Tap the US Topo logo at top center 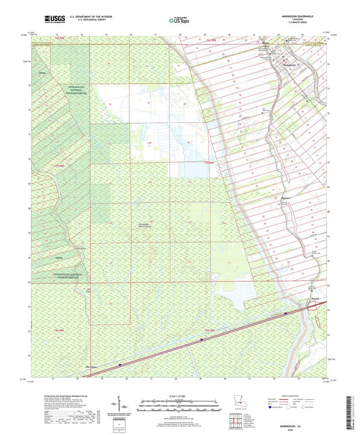tap(178, 21)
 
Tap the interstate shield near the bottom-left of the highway tap(120, 365)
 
